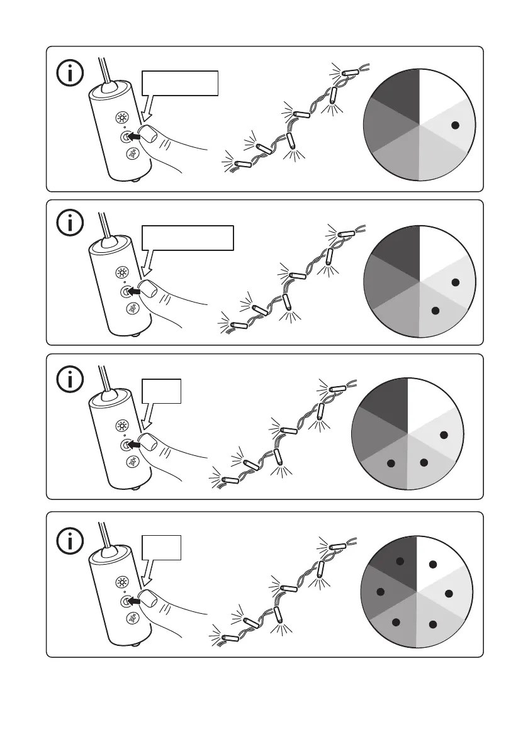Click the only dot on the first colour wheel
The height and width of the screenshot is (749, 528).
(456, 125)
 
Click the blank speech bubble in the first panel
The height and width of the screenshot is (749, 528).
(180, 84)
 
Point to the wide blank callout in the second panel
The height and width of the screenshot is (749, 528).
(188, 238)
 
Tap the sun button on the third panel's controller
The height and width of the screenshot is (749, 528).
(121, 426)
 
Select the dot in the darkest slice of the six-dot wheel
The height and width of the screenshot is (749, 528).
(398, 561)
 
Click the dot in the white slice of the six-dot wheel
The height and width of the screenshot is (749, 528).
(432, 564)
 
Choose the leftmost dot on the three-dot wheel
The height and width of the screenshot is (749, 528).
(390, 463)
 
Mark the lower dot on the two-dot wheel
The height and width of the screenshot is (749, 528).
(434, 310)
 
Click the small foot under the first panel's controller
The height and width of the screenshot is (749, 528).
(137, 182)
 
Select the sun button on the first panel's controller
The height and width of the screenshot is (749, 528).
(121, 118)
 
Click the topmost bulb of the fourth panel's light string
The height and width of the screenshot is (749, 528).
(342, 541)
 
